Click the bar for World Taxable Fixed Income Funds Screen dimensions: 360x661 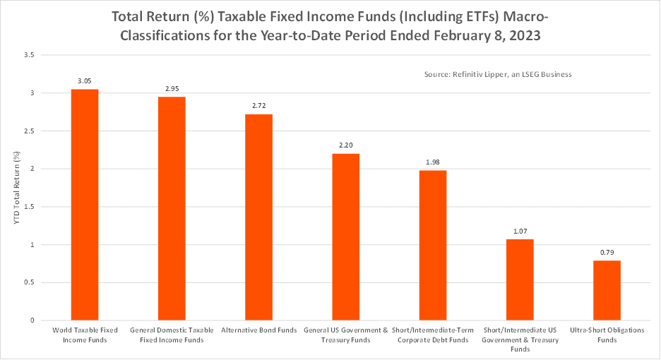[x=84, y=205]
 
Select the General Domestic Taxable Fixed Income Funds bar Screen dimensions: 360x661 [x=172, y=208]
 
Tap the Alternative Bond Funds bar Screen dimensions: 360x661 [x=258, y=217]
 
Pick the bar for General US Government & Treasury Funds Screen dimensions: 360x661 [x=345, y=237]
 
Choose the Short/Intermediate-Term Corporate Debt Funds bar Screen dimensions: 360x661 [x=433, y=245]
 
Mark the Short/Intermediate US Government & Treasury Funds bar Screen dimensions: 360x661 [x=520, y=280]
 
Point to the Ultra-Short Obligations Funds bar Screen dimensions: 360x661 [x=607, y=290]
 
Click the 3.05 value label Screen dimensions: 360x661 [x=84, y=81]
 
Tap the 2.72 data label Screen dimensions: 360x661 [x=258, y=106]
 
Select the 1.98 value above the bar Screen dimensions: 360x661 [x=433, y=162]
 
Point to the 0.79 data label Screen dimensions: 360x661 [x=607, y=253]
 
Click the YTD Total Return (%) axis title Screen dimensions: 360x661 [x=17, y=187]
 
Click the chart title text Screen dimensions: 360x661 [x=330, y=25]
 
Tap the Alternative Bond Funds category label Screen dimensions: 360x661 [x=258, y=330]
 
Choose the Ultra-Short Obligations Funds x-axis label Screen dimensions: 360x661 [x=607, y=335]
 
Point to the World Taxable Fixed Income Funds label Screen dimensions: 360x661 [x=84, y=335]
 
